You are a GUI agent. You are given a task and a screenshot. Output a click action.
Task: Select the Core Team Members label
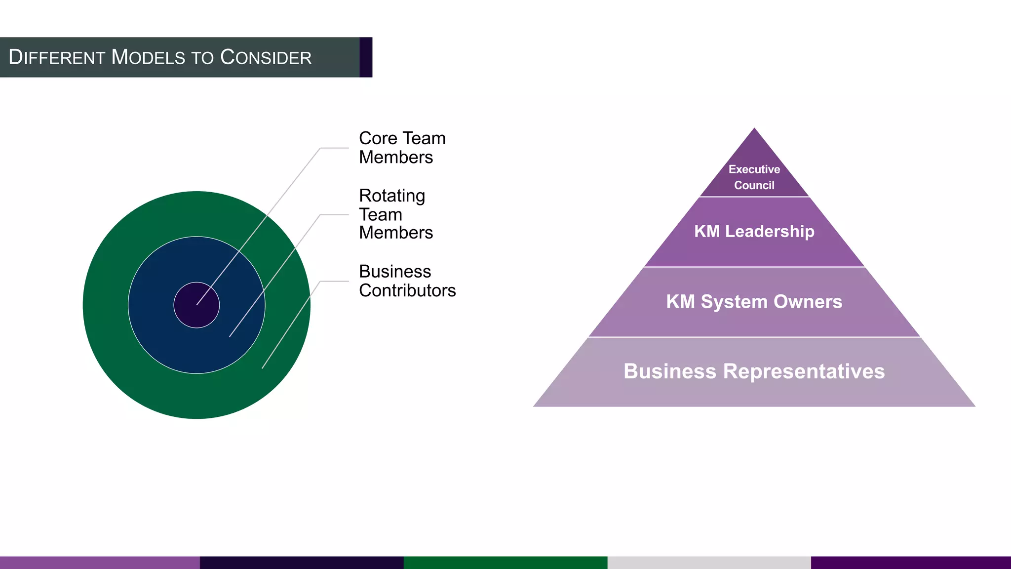pyautogui.click(x=401, y=148)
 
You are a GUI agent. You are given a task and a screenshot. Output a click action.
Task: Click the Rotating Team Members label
pyautogui.click(x=395, y=214)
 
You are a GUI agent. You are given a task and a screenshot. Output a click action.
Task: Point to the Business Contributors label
pyautogui.click(x=407, y=281)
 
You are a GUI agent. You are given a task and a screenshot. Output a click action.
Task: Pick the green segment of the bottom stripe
pyautogui.click(x=505, y=563)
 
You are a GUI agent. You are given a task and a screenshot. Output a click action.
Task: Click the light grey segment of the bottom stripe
pyautogui.click(x=709, y=563)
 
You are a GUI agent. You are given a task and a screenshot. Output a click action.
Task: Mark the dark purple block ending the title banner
pyautogui.click(x=366, y=57)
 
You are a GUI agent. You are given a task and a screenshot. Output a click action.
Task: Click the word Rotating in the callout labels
pyautogui.click(x=392, y=196)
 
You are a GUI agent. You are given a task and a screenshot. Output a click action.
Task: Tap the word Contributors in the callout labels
pyautogui.click(x=407, y=290)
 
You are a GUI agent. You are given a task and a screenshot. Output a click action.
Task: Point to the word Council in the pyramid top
pyautogui.click(x=754, y=185)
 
